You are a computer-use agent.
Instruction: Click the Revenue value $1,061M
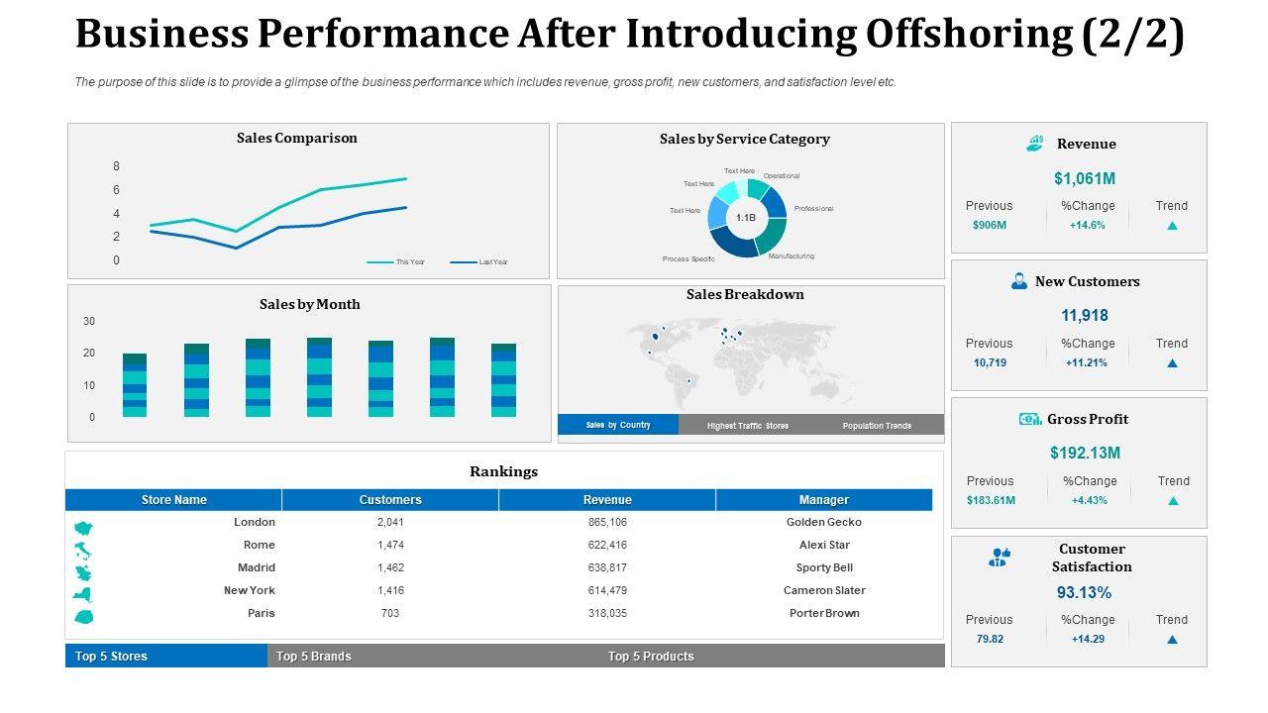pos(1085,178)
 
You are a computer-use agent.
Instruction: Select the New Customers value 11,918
pos(1085,316)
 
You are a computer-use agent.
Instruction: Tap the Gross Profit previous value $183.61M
pos(991,500)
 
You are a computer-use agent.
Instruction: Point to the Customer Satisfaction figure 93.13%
pos(1085,593)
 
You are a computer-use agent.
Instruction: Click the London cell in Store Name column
pos(255,522)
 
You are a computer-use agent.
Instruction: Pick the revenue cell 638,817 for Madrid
pos(607,567)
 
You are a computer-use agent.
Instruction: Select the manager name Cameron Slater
pos(824,590)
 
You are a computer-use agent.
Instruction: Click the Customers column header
pos(390,500)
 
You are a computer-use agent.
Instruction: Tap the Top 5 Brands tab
pos(313,657)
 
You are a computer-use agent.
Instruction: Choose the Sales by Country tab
pos(618,425)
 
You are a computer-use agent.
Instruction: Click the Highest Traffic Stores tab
pos(748,426)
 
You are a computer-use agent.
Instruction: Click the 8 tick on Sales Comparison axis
pos(116,166)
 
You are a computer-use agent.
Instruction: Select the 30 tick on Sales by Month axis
pos(89,322)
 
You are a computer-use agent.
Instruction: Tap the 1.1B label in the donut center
pos(746,217)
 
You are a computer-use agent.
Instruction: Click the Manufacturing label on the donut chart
pos(792,256)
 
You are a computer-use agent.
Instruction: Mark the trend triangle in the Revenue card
pos(1172,226)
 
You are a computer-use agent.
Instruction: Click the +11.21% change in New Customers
pos(1088,362)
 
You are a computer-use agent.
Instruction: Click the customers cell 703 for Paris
pos(390,613)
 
